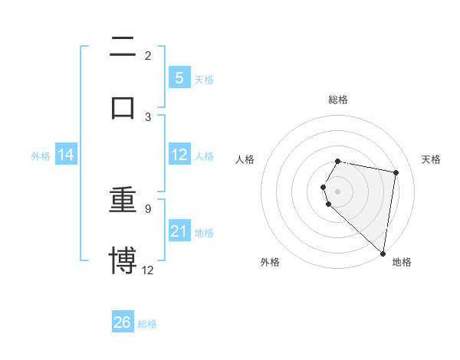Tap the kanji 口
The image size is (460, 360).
(123, 107)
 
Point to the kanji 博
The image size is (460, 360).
(123, 260)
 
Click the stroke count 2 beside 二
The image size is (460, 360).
(148, 56)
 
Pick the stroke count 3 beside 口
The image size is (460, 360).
(148, 116)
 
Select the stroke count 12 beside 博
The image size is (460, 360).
(148, 269)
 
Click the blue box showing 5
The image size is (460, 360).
(179, 78)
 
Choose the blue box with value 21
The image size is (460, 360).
(179, 231)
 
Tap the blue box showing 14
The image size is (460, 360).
(66, 155)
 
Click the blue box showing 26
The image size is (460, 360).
(123, 322)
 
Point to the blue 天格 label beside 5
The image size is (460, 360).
(204, 80)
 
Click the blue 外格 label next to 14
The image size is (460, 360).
(41, 156)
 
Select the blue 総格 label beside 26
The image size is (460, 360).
(147, 324)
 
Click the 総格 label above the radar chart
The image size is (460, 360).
(338, 100)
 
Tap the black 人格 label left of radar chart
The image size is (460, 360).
(246, 159)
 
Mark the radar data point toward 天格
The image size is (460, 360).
(396, 173)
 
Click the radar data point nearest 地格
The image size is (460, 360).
(383, 253)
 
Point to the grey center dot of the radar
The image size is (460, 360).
(337, 191)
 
